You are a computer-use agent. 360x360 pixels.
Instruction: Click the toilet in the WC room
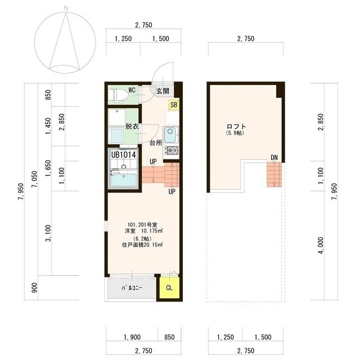tap(118, 94)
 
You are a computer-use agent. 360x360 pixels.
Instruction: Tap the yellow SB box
tap(174, 105)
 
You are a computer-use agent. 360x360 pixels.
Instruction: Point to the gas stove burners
tap(172, 151)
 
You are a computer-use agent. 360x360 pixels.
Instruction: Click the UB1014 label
tap(124, 155)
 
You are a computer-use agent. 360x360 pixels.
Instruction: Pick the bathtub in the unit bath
tap(124, 180)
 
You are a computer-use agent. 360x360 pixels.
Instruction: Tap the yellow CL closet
tap(169, 288)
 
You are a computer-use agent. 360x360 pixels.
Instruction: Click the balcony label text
tap(132, 287)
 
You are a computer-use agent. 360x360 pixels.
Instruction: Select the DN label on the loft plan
tap(274, 157)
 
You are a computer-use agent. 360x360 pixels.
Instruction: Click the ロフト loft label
tap(236, 127)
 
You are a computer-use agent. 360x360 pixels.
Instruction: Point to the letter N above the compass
tap(66, 8)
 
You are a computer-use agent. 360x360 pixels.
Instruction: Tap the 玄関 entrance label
tap(163, 91)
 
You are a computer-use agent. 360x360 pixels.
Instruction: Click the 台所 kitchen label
tap(156, 143)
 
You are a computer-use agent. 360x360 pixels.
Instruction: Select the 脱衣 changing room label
tap(132, 126)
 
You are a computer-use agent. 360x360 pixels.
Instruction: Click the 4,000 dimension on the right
tap(321, 246)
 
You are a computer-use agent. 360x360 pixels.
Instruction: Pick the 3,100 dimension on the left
tap(48, 233)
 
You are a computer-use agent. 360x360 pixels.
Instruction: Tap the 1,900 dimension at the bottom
tap(132, 337)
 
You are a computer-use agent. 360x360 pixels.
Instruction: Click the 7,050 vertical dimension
tap(35, 179)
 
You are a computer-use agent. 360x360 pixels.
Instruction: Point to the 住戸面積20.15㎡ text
tap(142, 245)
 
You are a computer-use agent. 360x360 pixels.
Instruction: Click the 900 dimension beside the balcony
tap(34, 287)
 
